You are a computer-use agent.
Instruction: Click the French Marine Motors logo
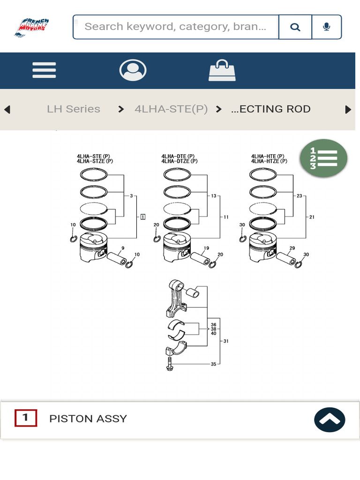(31, 27)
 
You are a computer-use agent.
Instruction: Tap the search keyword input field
(176, 27)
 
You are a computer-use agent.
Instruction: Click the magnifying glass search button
(295, 27)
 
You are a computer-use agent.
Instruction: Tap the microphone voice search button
(327, 27)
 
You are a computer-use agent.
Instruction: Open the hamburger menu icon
(44, 70)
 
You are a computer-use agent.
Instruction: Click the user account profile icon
(133, 70)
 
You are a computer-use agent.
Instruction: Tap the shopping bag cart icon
(222, 71)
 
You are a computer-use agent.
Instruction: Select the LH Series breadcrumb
(74, 109)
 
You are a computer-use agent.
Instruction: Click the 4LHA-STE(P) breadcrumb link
(171, 109)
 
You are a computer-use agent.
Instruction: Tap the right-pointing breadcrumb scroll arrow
(348, 110)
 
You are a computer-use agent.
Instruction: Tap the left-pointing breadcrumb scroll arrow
(7, 110)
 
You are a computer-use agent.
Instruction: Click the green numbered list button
(323, 158)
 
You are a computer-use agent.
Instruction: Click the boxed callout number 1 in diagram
(142, 217)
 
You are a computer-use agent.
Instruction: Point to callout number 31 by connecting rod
(225, 341)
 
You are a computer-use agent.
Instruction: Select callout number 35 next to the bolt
(213, 364)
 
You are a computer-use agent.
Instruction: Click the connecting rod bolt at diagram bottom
(170, 364)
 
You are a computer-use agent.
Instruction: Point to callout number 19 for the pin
(206, 248)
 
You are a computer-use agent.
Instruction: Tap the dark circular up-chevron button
(330, 420)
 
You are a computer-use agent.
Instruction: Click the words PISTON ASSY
(88, 419)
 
